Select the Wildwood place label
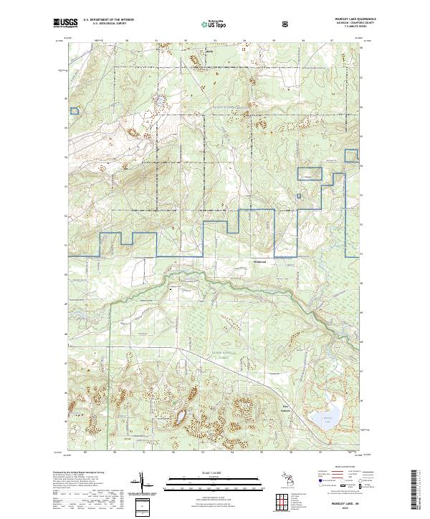point(260,262)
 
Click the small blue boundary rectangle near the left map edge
point(73,111)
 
